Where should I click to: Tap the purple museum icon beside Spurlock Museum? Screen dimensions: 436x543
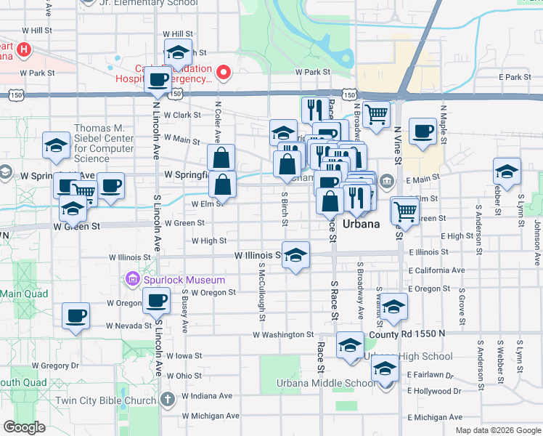click(x=133, y=280)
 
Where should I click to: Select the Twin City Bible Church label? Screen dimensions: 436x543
click(x=115, y=400)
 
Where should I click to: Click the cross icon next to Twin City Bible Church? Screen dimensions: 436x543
click(x=168, y=399)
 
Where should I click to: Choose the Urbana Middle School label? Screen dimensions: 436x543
click(x=325, y=384)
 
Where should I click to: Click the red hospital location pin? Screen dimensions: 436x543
click(x=224, y=72)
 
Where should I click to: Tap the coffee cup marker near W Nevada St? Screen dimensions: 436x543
click(x=76, y=317)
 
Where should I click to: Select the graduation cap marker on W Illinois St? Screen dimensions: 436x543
click(x=295, y=255)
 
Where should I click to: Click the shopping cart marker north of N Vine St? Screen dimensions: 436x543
click(x=376, y=114)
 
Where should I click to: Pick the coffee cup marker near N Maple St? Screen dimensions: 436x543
click(x=422, y=132)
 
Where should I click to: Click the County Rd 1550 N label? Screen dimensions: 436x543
click(x=407, y=334)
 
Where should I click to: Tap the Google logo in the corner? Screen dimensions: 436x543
click(x=25, y=427)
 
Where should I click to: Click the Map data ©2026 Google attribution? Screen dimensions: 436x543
click(x=497, y=430)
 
